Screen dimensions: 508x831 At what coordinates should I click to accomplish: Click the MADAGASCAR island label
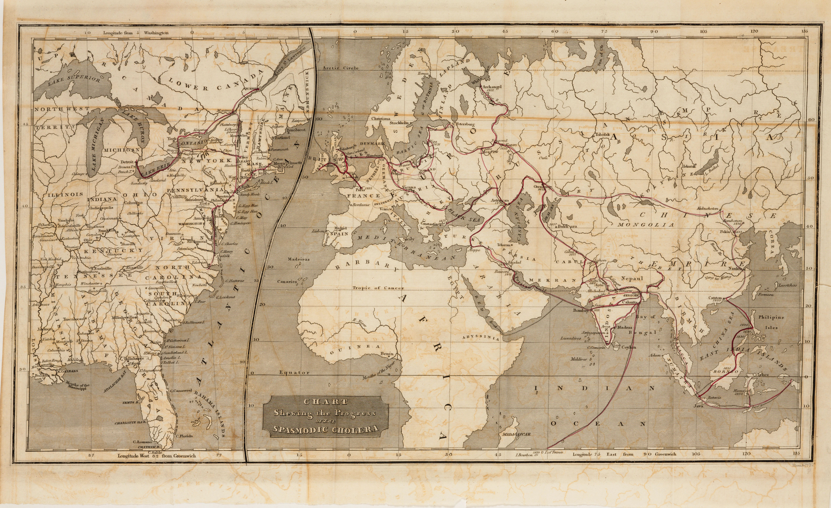click(x=516, y=434)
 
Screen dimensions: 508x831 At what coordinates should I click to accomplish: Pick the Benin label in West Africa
click(x=386, y=354)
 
